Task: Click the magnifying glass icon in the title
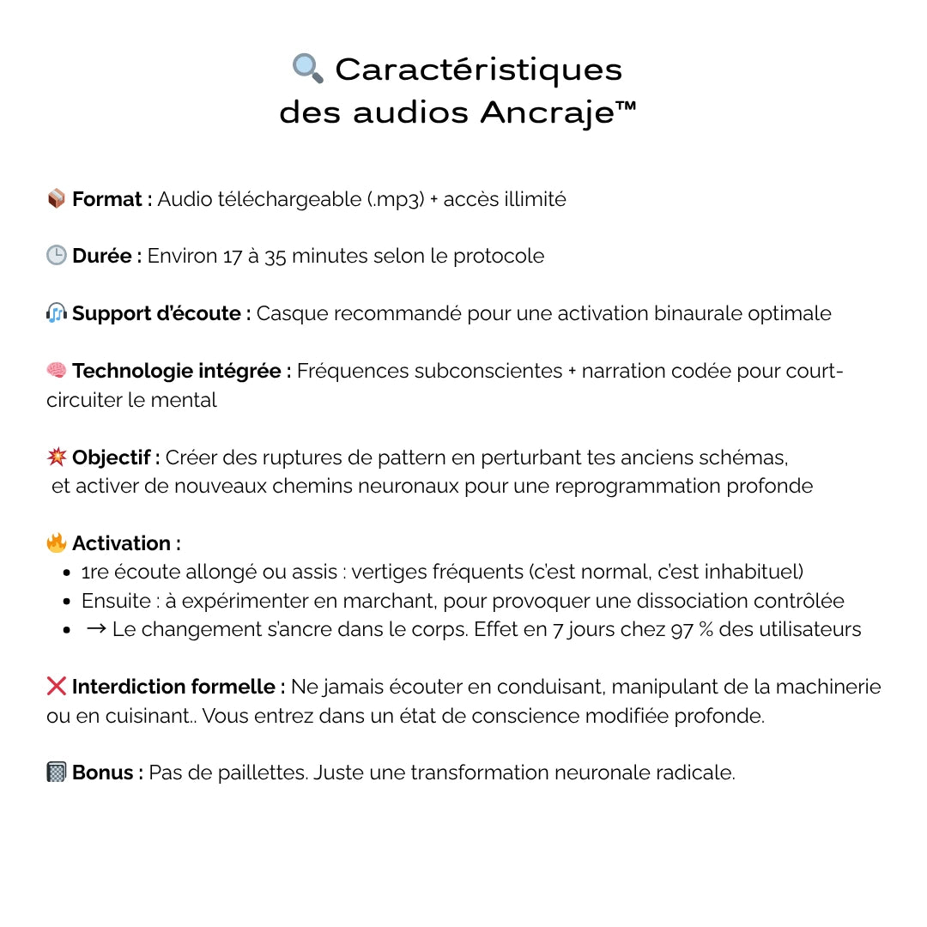pos(308,69)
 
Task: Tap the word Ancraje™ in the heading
pos(559,112)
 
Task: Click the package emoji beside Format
pos(57,199)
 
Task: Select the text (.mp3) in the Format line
pos(397,200)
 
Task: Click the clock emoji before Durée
pos(57,256)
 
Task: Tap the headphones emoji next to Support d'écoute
pos(57,313)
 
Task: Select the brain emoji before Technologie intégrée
pos(57,371)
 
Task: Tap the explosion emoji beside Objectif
pos(57,457)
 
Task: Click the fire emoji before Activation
pos(57,543)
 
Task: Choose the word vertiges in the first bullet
pos(387,572)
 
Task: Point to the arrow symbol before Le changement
pos(96,629)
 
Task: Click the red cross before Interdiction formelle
pos(57,687)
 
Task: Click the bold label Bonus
pos(106,772)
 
